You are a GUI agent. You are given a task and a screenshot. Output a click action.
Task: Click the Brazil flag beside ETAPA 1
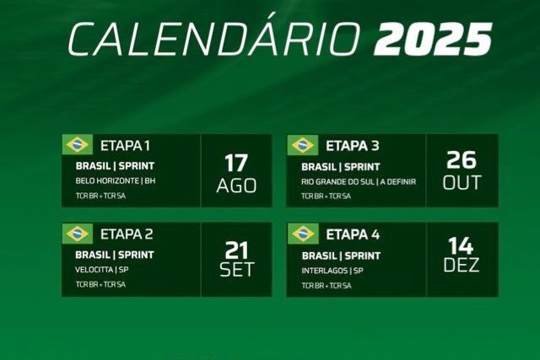(77, 145)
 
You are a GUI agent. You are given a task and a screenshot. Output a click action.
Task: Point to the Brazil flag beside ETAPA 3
(302, 145)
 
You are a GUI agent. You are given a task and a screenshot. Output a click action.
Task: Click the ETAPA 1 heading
(126, 145)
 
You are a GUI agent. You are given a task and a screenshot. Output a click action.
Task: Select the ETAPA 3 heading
(352, 145)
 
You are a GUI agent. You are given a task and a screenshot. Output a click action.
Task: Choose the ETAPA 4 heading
(352, 234)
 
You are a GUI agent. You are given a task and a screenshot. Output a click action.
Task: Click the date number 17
(236, 162)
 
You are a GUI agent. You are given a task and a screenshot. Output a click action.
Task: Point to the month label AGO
(236, 185)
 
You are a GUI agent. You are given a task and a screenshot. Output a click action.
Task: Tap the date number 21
(236, 250)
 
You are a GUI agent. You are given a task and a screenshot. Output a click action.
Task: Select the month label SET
(236, 271)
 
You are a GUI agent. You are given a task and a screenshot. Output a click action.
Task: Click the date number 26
(462, 160)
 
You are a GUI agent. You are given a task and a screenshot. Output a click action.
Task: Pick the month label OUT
(462, 182)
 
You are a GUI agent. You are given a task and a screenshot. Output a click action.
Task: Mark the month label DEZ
(462, 266)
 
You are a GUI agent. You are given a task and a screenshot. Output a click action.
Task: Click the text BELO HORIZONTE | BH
(116, 181)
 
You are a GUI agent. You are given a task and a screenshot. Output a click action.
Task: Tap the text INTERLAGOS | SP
(332, 271)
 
